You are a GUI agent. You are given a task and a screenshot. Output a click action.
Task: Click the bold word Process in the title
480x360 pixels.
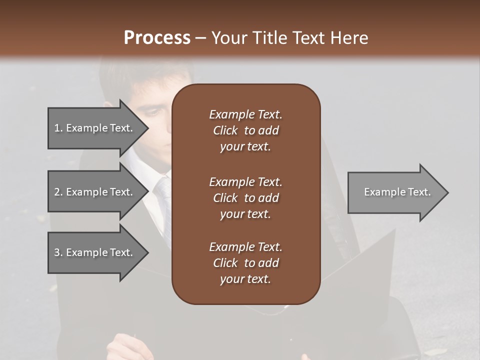click(157, 38)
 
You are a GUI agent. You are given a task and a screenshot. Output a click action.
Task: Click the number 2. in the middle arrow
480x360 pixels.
click(58, 192)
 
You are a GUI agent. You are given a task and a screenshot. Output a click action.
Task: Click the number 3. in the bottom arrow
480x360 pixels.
click(58, 252)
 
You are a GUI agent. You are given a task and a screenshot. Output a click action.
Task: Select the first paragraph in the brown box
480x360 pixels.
click(246, 130)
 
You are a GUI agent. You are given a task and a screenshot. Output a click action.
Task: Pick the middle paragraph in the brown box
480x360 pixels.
click(246, 198)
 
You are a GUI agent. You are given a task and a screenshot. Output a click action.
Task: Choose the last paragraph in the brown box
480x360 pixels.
click(246, 263)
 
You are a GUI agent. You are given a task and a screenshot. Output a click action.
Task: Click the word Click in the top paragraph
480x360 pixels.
click(225, 130)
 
